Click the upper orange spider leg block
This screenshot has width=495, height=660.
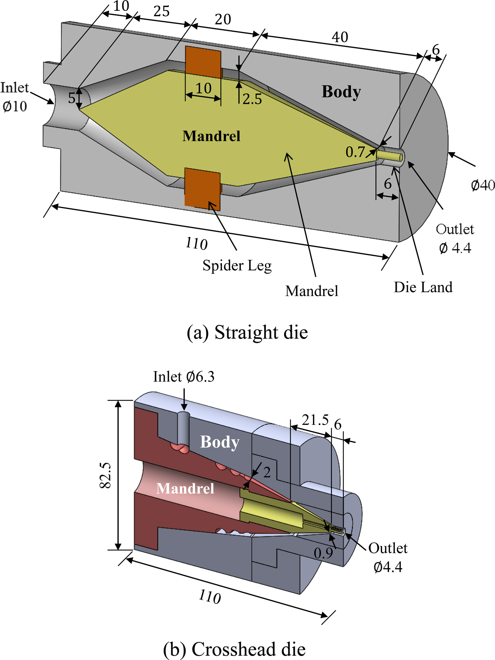click(203, 62)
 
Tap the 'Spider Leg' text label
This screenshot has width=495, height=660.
click(237, 265)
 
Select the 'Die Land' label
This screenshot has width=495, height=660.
click(423, 287)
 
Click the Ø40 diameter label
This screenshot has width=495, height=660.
click(483, 186)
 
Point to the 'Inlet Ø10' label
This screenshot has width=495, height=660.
click(15, 96)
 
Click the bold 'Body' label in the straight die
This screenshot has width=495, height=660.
click(341, 92)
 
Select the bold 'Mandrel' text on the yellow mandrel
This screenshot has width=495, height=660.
click(211, 136)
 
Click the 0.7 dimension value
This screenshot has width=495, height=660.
click(355, 152)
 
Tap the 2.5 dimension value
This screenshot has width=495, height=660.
click(252, 99)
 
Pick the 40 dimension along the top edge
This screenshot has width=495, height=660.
click(340, 37)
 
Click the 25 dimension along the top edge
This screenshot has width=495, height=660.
click(161, 12)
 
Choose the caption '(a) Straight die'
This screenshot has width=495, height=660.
click(247, 332)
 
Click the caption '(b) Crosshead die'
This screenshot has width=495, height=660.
click(234, 649)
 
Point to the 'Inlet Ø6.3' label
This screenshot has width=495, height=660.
click(184, 377)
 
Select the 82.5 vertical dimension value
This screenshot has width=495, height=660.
click(105, 475)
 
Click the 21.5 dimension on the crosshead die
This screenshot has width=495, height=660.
click(315, 420)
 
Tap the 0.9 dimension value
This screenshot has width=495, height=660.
click(323, 553)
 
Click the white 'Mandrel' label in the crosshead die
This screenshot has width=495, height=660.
click(185, 488)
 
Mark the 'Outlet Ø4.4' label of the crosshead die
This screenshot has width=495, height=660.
click(388, 557)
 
